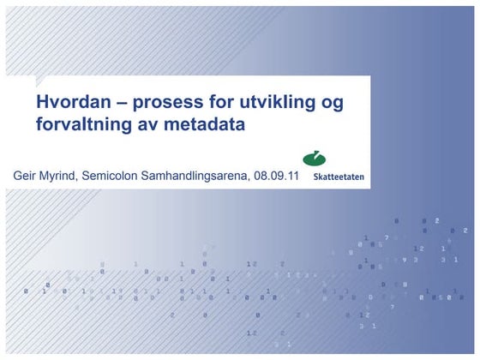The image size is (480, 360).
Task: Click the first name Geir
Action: (x=26, y=176)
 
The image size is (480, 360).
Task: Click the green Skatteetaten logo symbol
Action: (x=315, y=159)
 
